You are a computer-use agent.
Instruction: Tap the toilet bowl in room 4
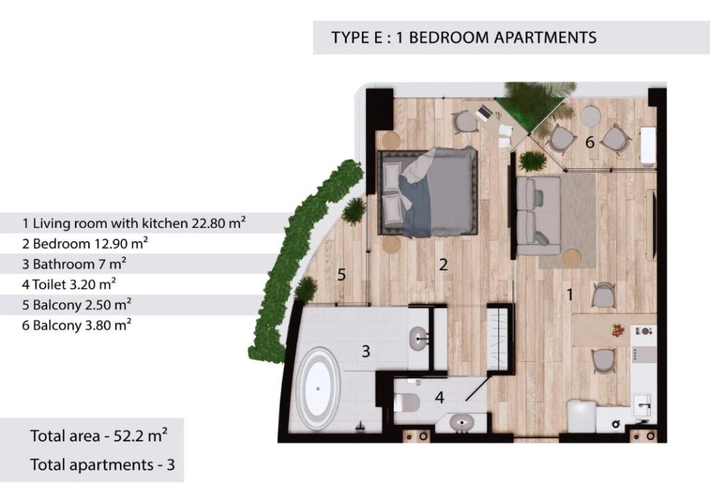tap(406, 403)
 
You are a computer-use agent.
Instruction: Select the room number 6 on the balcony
tap(589, 142)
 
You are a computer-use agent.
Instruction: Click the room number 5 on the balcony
tap(342, 274)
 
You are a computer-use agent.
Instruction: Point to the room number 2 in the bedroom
tap(443, 265)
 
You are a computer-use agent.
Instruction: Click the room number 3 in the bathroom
tap(366, 351)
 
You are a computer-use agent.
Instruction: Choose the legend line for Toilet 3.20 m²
tap(69, 284)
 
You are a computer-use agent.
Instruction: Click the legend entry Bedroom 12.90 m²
tap(85, 243)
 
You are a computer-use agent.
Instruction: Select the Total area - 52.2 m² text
tap(98, 435)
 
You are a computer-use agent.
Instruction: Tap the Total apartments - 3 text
tap(103, 465)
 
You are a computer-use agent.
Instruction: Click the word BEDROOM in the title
tap(449, 37)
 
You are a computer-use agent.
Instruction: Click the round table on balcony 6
tap(589, 115)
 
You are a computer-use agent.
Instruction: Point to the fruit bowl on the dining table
tap(618, 330)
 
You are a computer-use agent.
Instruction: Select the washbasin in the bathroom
tap(422, 337)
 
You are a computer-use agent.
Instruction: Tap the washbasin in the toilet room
tap(461, 423)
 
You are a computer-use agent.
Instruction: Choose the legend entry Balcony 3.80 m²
tap(77, 325)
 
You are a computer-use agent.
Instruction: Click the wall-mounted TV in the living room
tap(653, 225)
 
